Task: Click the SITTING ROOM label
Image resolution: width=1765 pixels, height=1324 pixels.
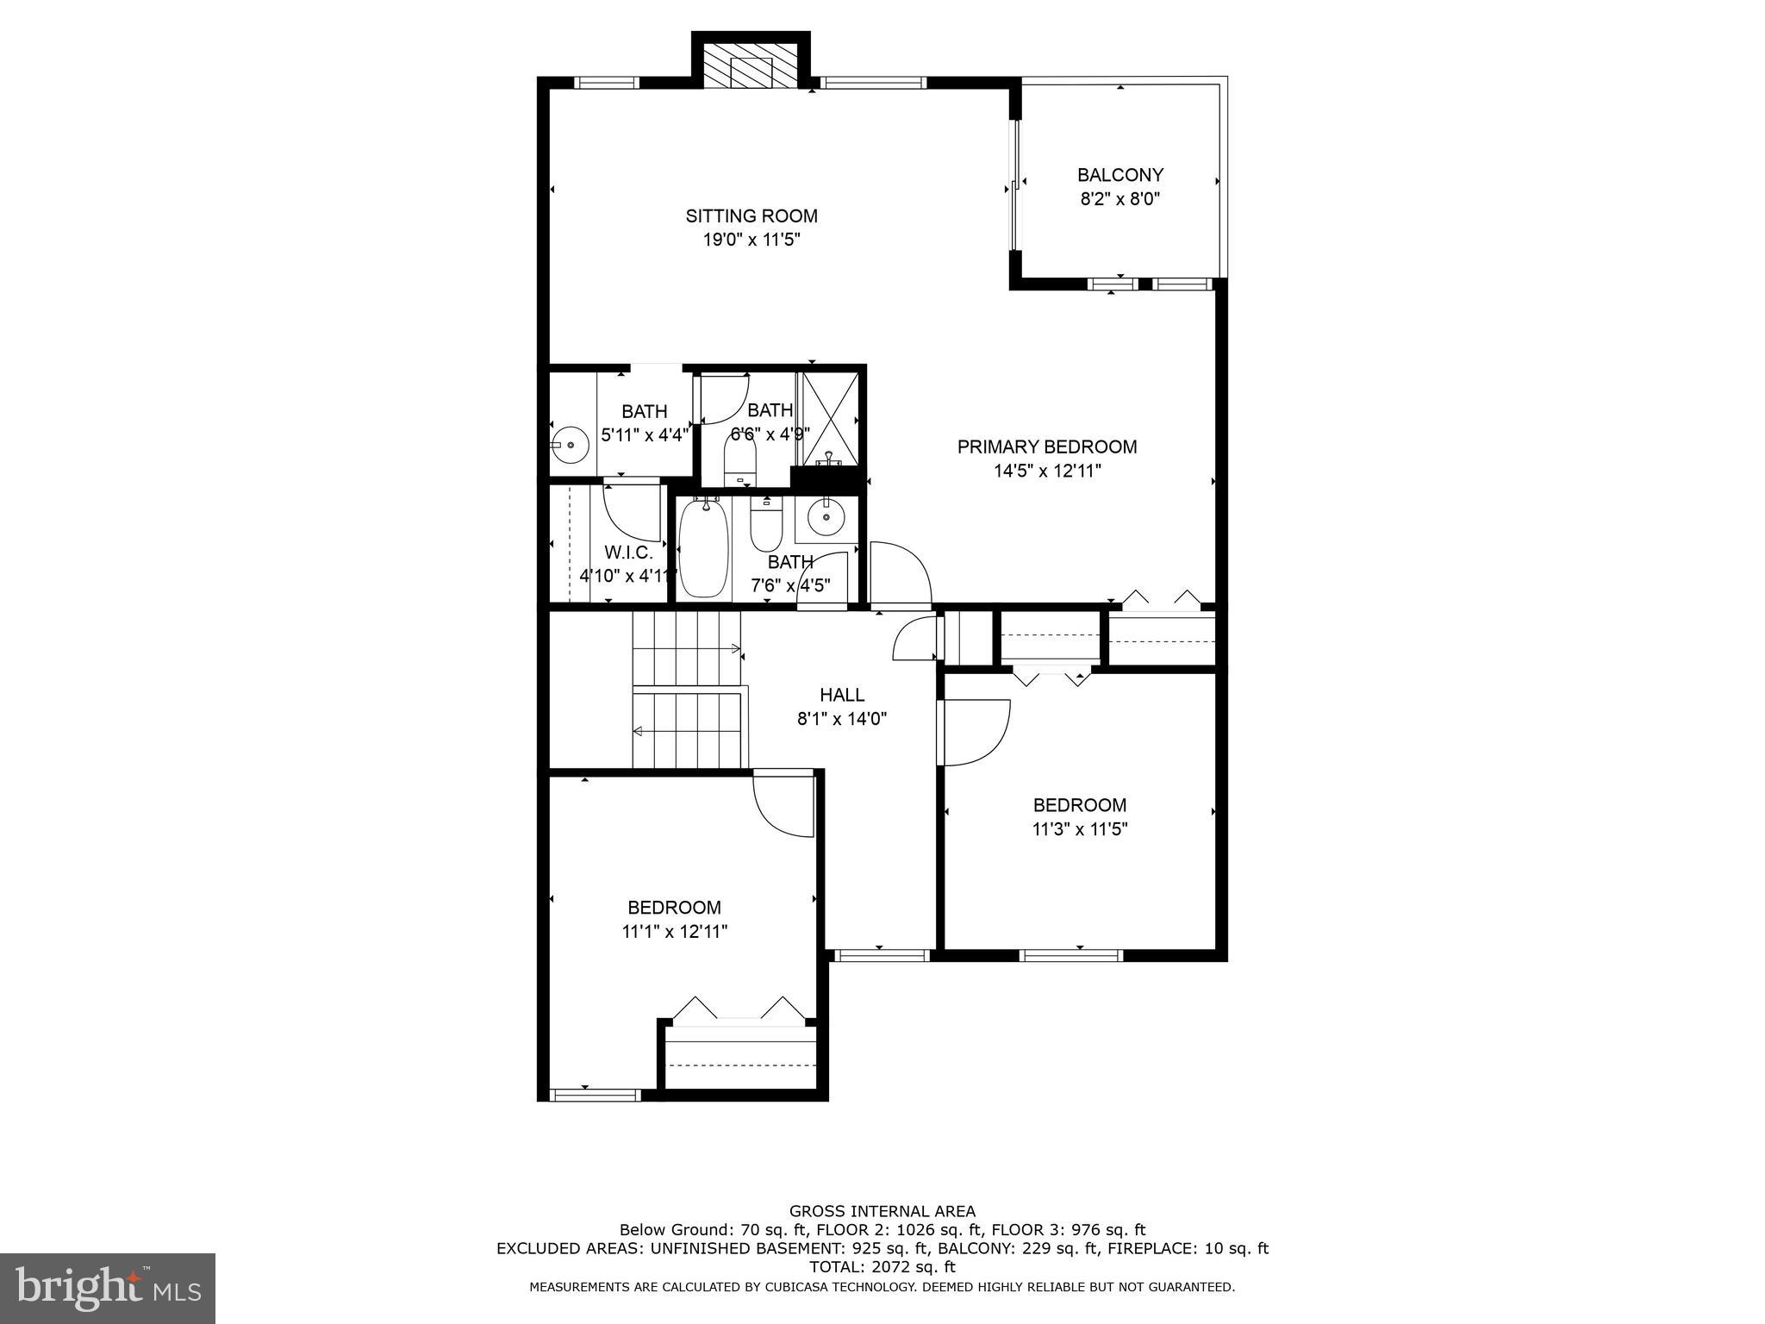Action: (751, 215)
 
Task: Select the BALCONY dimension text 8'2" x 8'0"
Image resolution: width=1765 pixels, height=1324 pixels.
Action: (1119, 199)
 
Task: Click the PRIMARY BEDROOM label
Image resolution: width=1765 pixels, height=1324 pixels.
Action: (1046, 447)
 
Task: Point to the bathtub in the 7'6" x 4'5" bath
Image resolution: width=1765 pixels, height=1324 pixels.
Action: (704, 548)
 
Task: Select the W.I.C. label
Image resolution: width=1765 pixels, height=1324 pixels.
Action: (628, 553)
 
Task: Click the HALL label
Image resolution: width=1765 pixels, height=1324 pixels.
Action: (841, 695)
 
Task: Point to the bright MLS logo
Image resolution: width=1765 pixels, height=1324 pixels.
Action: (108, 1288)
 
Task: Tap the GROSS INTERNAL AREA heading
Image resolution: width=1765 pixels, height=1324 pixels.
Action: (882, 1211)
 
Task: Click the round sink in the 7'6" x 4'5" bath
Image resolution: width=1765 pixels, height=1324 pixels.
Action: (826, 516)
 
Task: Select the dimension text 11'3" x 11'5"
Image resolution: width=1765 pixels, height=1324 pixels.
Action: (1079, 829)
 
